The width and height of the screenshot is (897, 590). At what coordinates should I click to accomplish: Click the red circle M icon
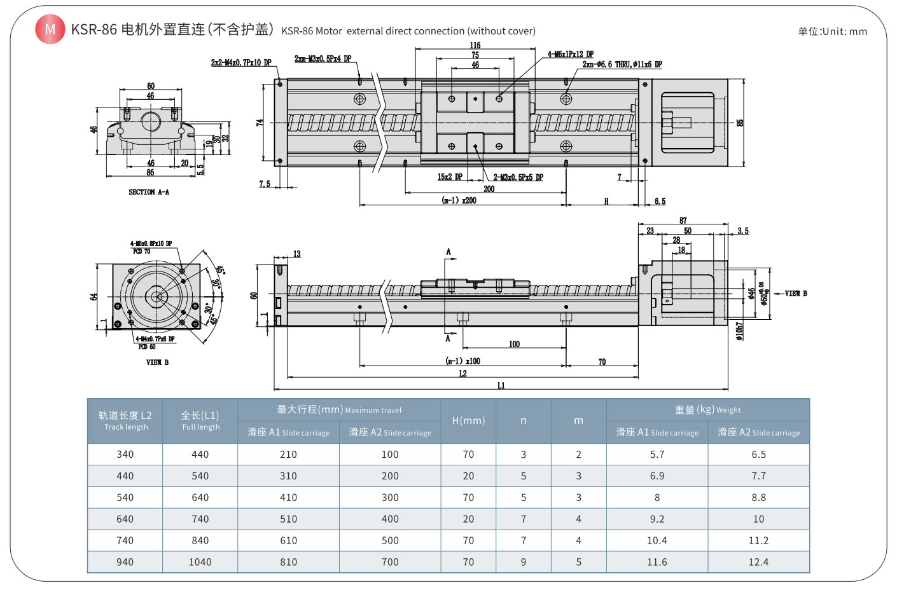click(50, 29)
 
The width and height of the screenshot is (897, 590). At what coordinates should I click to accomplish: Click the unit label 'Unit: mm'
click(832, 31)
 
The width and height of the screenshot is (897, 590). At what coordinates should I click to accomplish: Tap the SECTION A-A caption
click(149, 192)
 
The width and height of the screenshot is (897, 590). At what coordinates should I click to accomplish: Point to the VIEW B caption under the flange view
click(157, 362)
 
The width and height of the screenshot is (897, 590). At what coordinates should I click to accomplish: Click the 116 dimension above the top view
click(475, 45)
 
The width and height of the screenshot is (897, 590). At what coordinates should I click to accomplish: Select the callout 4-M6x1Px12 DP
click(571, 55)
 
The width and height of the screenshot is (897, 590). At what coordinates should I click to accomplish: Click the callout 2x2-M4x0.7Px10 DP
click(241, 62)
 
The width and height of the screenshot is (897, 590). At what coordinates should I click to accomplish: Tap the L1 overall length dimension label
click(501, 385)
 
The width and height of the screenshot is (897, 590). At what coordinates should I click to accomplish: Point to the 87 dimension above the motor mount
click(683, 221)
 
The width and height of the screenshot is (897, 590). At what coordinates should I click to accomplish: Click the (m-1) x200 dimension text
click(459, 200)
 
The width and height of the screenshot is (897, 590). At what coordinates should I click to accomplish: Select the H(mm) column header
click(468, 420)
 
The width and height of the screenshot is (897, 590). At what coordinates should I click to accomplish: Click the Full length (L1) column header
click(200, 420)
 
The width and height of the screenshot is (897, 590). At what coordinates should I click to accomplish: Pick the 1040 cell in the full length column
click(200, 562)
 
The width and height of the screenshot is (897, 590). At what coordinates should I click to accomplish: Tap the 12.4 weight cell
click(758, 562)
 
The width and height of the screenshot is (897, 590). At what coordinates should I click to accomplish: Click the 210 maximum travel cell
click(288, 455)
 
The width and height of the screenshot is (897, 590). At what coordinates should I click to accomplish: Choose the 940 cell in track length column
click(125, 562)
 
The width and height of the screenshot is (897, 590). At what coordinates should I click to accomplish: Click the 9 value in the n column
click(523, 562)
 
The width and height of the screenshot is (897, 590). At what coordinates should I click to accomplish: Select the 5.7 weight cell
click(657, 455)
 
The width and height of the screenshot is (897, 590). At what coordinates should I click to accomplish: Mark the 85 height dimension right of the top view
click(741, 123)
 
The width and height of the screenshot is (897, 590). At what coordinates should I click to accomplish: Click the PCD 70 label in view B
click(142, 251)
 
